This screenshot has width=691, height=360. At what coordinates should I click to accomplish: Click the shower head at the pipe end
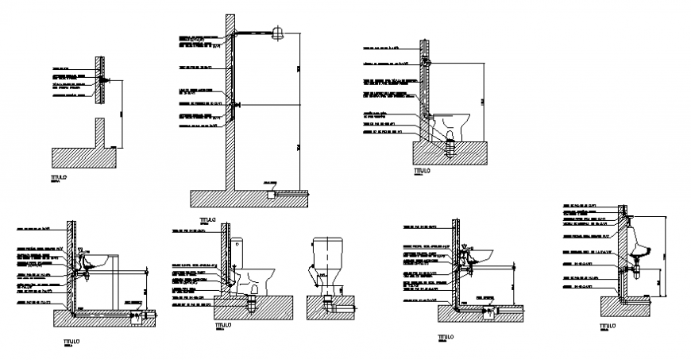tap(278, 33)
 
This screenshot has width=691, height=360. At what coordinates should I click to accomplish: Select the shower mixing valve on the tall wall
tap(235, 104)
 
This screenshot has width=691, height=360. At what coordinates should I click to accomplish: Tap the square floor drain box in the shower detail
tap(272, 192)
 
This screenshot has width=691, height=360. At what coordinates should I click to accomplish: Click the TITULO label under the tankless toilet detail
tap(422, 170)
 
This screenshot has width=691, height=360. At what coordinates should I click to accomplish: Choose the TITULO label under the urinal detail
tap(607, 326)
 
